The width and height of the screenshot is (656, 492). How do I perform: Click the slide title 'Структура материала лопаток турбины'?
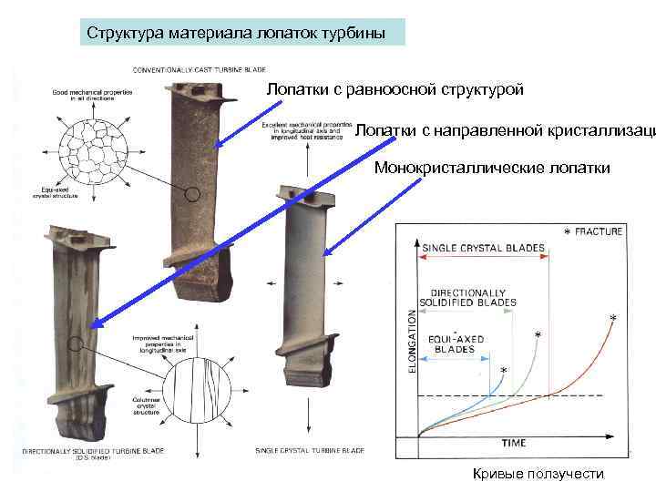(x=236, y=34)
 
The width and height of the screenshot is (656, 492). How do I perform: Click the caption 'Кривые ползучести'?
(x=538, y=474)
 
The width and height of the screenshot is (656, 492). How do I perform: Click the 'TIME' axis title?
(x=514, y=443)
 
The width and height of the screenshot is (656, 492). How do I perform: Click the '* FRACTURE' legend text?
(x=593, y=231)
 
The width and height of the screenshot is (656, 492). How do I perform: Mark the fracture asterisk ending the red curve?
(x=612, y=319)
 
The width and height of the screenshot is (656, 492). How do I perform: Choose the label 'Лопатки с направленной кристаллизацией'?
(x=504, y=130)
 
